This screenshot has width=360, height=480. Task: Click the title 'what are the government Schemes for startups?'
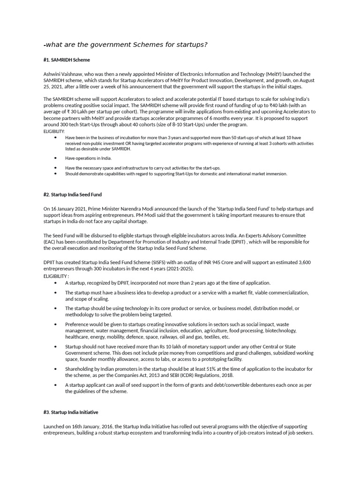click(126, 45)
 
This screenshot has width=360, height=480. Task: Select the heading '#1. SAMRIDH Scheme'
click(67, 60)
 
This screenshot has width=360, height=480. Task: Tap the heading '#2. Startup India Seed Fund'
click(73, 195)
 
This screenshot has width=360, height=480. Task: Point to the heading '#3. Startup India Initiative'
click(71, 412)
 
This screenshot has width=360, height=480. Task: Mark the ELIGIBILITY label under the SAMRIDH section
click(54, 132)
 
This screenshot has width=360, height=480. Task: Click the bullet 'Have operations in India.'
click(89, 158)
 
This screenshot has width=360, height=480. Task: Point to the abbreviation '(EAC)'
click(50, 242)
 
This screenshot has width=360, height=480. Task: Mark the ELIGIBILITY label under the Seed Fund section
click(56, 276)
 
